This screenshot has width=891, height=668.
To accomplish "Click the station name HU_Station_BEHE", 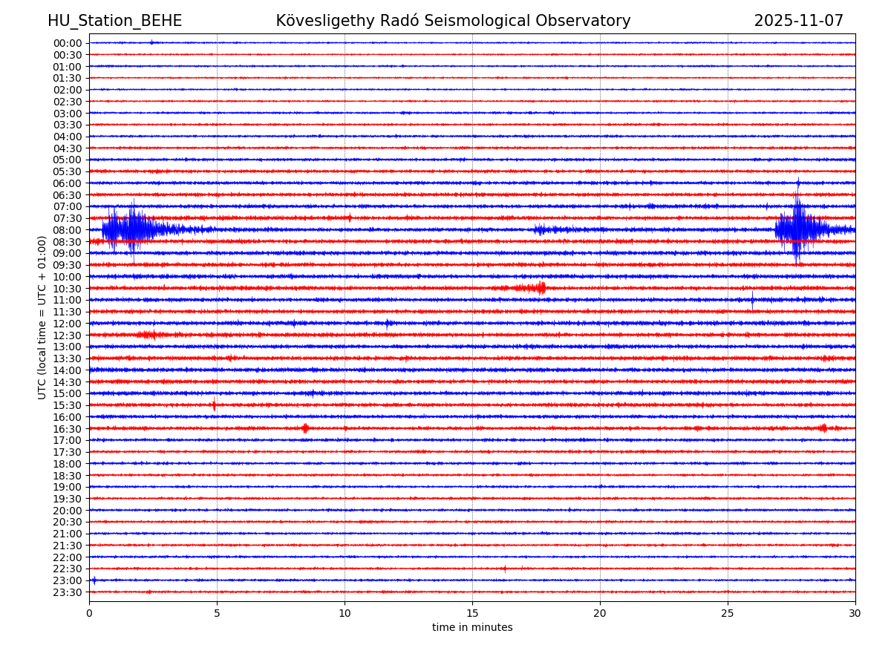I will point(114,22).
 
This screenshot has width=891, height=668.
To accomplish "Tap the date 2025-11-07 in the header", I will point(798,22).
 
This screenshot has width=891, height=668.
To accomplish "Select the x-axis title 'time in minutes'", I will point(472,628).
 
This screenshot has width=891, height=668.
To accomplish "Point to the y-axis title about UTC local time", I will point(43,317).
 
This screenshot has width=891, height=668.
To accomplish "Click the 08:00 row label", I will point(68,230).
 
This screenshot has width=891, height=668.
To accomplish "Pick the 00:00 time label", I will point(68,43).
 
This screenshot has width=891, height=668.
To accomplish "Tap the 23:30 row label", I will point(68,592).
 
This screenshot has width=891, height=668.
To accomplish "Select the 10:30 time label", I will point(68,289).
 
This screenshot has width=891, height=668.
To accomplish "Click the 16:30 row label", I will point(68,429).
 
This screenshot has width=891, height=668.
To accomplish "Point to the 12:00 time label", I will point(68,324).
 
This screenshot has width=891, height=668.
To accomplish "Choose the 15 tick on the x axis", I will point(472,613).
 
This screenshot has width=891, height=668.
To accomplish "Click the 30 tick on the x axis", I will point(855,613).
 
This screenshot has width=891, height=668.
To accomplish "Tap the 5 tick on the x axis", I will point(217,613).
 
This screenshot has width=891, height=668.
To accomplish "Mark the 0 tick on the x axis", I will point(89,613).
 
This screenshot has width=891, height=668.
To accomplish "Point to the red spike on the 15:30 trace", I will point(214,405).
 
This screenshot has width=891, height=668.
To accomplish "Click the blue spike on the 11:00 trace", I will point(752,300).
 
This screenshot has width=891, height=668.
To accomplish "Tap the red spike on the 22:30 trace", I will point(505,569).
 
